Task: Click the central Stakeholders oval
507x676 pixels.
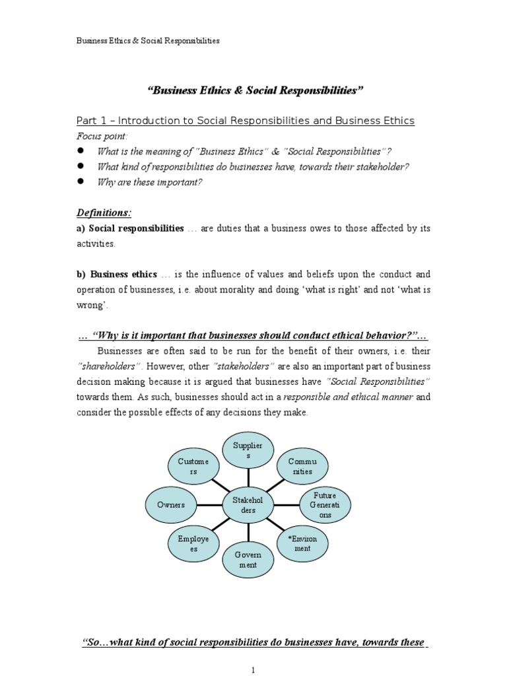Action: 248,505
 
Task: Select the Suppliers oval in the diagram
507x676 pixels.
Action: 248,450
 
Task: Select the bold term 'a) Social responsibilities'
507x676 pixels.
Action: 129,228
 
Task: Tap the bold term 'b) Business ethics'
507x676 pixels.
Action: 116,275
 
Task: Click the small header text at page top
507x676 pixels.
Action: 148,41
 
